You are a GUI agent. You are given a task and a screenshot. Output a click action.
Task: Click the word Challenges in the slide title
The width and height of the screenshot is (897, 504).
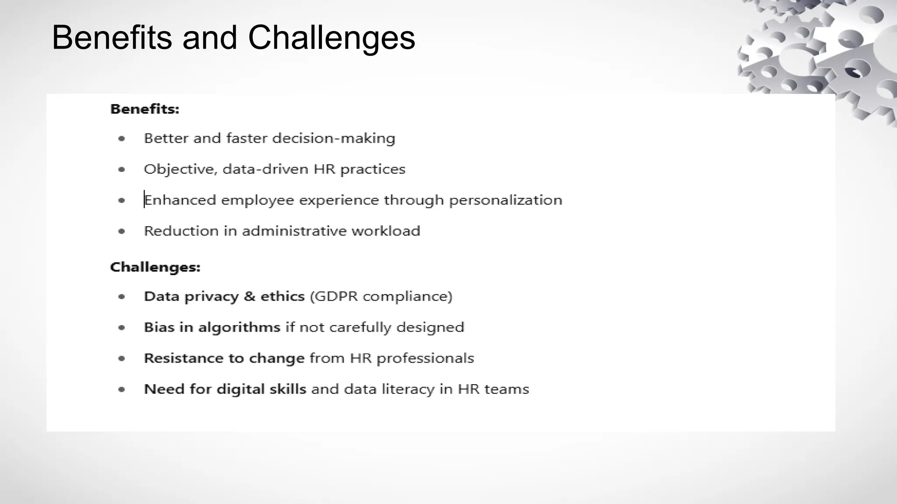pos(331,38)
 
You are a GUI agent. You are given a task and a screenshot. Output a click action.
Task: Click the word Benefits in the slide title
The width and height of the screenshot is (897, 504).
pos(112,38)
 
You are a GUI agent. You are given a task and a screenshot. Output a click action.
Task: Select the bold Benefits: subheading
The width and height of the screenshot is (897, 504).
pos(145,109)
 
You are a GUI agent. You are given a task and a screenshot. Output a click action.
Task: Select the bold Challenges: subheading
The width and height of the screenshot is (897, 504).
pos(155,267)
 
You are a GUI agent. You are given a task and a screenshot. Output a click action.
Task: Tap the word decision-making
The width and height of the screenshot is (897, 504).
pos(334,139)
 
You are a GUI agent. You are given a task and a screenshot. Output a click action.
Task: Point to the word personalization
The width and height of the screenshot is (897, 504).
pos(505,200)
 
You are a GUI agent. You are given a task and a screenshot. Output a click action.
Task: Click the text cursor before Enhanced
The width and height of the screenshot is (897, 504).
pos(144,199)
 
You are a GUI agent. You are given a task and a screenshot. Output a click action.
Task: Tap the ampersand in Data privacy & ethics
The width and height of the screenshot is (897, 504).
pos(249,297)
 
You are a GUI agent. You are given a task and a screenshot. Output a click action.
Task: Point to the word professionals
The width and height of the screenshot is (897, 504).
pos(425,359)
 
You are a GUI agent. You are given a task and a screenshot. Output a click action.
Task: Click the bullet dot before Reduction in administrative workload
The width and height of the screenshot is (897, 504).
pos(122,231)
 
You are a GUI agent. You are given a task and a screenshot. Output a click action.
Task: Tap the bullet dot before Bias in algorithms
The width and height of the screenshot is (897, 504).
pos(122,328)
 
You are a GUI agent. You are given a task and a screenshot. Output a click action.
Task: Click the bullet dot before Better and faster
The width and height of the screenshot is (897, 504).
pos(122,139)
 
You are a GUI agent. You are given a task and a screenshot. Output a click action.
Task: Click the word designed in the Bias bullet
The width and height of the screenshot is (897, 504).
pos(430,328)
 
